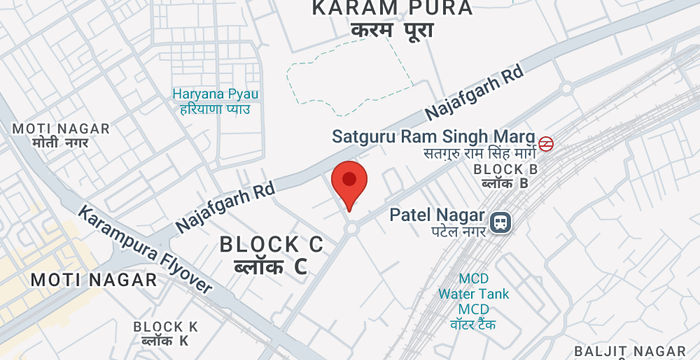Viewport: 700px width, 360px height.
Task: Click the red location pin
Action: [349, 182]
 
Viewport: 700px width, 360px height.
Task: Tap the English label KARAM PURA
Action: [392, 9]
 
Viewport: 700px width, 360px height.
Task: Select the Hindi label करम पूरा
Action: [392, 31]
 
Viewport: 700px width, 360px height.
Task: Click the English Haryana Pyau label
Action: [215, 94]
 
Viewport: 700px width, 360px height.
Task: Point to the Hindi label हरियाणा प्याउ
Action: [215, 109]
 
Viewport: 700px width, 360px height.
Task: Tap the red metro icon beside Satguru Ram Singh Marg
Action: [546, 143]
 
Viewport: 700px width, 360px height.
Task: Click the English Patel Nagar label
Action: [436, 215]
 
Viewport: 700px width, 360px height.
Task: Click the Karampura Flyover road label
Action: [145, 250]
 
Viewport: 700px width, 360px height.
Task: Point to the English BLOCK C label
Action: [272, 244]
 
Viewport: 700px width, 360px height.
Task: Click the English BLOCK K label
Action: [166, 327]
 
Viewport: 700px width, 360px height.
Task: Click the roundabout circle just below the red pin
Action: [352, 229]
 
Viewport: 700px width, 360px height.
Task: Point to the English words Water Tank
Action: [474, 294]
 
